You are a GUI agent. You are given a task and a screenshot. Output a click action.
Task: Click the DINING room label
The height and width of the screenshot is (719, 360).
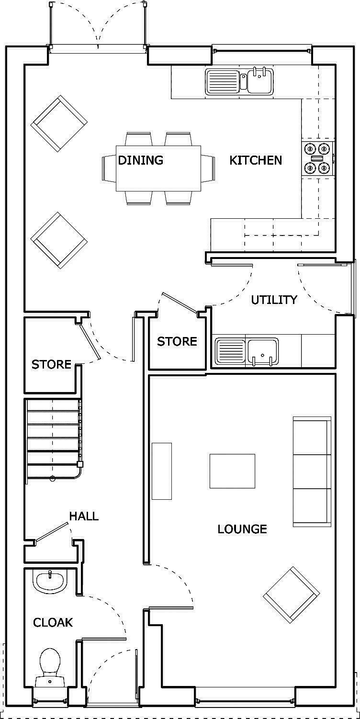(x=140, y=160)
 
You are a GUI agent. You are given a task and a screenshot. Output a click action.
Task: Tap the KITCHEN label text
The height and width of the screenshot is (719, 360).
(x=256, y=160)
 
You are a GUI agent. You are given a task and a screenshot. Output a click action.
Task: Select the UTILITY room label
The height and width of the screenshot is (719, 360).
(x=274, y=300)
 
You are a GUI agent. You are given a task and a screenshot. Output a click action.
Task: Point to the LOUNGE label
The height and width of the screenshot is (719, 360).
(x=242, y=529)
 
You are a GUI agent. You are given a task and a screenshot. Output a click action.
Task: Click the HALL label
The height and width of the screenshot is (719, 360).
(x=84, y=516)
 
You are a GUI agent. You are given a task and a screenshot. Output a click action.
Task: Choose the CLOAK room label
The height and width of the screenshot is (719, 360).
(x=53, y=622)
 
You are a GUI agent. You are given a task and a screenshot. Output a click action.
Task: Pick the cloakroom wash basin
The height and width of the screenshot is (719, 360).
(x=49, y=580)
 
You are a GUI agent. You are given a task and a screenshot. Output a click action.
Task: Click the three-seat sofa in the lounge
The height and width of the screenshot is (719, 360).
(x=312, y=472)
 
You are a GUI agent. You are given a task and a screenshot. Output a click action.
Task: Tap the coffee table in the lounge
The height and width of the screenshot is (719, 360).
(x=232, y=472)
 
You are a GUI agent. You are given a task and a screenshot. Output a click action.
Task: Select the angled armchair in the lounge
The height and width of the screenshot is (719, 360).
(x=291, y=596)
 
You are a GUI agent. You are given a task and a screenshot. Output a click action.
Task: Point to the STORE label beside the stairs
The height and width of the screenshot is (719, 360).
(x=51, y=364)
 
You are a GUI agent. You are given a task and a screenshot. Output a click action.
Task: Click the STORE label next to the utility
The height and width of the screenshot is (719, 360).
(x=177, y=341)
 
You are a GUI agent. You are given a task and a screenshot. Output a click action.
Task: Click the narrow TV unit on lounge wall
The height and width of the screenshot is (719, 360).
(x=162, y=472)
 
